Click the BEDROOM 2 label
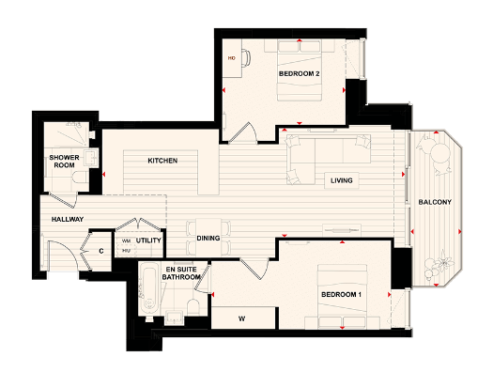(x=299, y=72)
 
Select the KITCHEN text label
(x=162, y=161)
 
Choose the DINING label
(x=208, y=239)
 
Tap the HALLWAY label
(x=62, y=220)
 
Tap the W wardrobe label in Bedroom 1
(x=241, y=318)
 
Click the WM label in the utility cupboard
(x=126, y=240)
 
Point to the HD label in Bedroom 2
(x=231, y=58)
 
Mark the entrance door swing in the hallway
(x=62, y=255)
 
